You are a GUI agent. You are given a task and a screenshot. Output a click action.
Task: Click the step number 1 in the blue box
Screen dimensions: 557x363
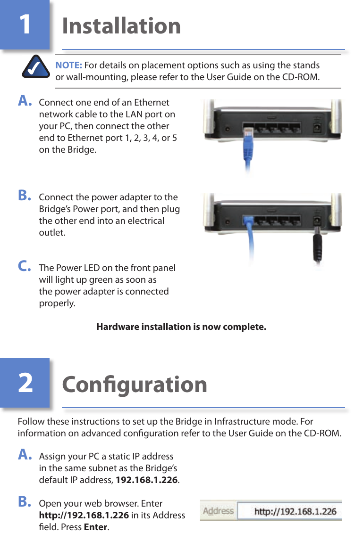coord(25,24)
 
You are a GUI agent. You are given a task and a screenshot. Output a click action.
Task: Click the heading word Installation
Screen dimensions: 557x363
coord(121,25)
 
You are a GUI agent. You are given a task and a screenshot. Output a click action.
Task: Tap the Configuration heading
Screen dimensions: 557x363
coord(135,384)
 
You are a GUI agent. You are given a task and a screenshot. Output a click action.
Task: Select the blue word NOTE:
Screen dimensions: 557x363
coord(69,65)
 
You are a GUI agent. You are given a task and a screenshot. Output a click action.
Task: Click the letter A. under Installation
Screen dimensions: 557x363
coord(25,101)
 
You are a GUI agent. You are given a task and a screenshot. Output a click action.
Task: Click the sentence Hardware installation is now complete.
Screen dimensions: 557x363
coord(181,327)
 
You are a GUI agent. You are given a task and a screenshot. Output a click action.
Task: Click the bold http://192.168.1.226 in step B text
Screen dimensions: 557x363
coord(84,516)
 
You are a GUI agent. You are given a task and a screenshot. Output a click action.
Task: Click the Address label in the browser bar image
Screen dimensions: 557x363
coord(218,511)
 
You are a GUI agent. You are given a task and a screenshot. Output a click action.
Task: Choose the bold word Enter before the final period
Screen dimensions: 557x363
coord(95,527)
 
